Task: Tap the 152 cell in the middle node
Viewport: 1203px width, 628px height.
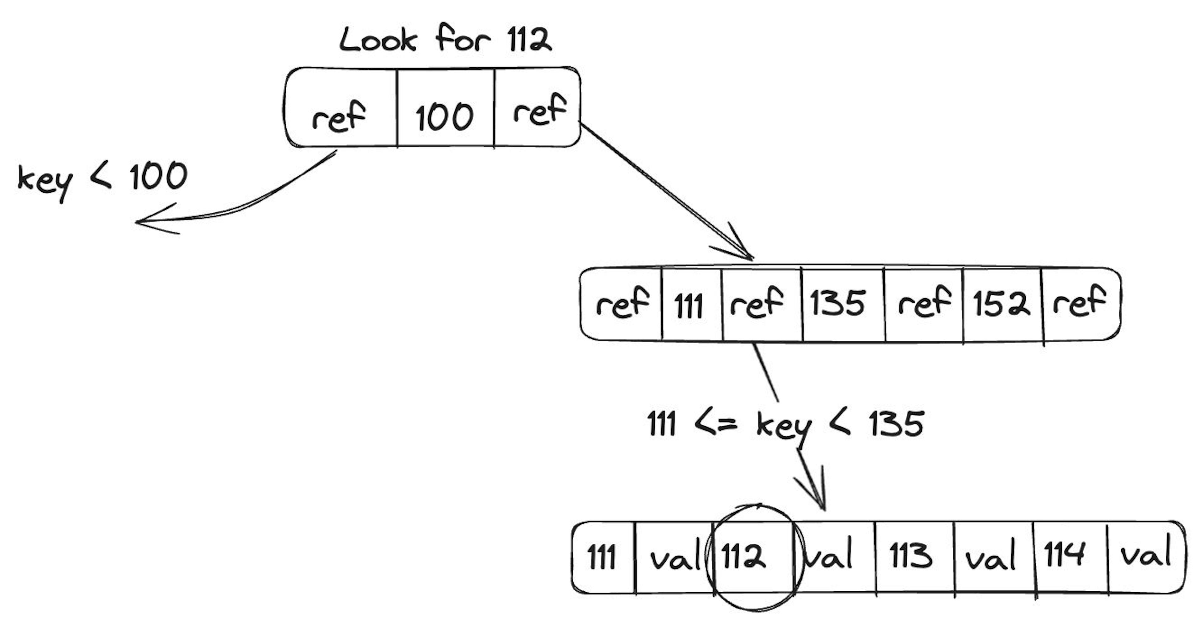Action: (1001, 304)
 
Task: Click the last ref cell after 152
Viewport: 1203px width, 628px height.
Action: (1080, 302)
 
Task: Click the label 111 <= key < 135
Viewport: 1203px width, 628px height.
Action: (785, 425)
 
